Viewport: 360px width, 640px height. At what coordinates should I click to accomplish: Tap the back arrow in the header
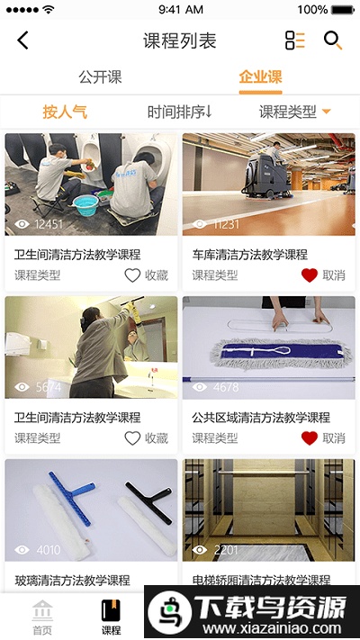click(23, 41)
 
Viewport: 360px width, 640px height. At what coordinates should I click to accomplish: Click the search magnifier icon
click(333, 41)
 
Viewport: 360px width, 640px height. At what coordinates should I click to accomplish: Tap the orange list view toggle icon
click(295, 41)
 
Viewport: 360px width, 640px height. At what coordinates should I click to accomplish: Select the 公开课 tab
click(100, 77)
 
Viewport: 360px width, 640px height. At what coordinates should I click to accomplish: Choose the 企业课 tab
click(260, 77)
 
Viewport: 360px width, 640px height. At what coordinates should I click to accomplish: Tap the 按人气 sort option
click(65, 113)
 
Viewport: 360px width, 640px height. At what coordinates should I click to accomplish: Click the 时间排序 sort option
click(179, 113)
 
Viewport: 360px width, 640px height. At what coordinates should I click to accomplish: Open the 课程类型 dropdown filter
click(295, 113)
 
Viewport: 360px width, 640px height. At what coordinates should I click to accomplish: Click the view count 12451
click(48, 224)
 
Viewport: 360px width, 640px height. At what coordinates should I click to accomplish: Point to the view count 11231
click(226, 224)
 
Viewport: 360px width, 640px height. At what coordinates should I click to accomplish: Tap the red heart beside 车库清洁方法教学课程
click(310, 275)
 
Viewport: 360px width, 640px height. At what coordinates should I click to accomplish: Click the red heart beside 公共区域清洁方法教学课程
click(310, 438)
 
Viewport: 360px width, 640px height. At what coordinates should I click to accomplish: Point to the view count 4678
click(226, 387)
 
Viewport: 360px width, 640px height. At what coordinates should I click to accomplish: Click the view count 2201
click(226, 550)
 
